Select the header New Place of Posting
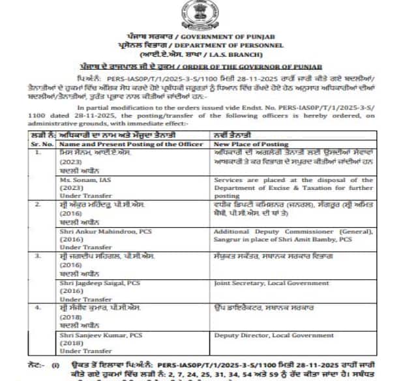(252, 143)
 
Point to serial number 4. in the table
(39, 305)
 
